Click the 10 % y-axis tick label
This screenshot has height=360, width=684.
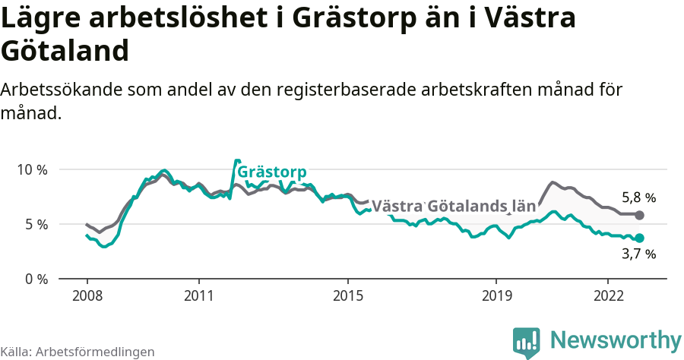pos(32,169)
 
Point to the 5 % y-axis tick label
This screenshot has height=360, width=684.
pos(35,224)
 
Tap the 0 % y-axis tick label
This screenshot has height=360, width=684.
pos(35,279)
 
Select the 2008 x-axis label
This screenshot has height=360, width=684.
pos(87,294)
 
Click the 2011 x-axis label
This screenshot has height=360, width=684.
pos(198,294)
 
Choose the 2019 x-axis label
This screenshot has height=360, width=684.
pos(496,294)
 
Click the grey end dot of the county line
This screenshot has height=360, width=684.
pos(639,215)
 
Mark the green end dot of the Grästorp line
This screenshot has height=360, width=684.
pos(639,238)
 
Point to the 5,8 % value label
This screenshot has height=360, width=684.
pos(638,197)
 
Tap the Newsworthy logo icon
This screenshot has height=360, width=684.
pos(527,343)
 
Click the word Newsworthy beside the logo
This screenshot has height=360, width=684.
pos(616,339)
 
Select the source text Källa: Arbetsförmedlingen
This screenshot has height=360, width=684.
pos(78,352)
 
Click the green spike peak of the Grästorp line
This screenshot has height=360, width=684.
pos(237,161)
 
